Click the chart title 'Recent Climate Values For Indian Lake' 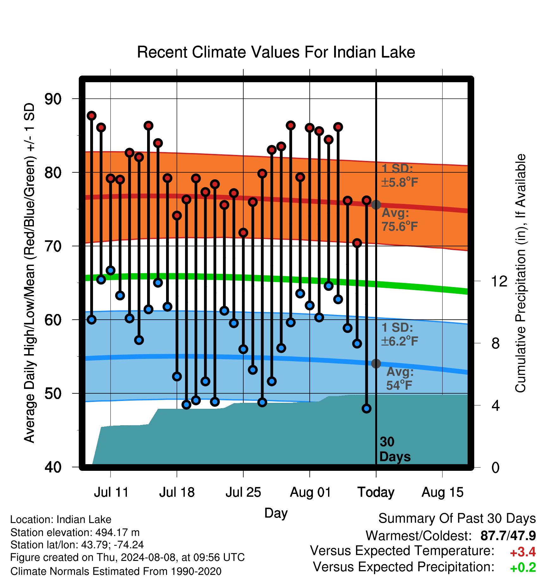276,52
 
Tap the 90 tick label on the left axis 53,99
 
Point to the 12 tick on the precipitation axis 499,281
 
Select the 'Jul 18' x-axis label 177,492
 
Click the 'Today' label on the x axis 376,492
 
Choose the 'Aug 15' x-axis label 442,492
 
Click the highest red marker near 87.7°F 91,116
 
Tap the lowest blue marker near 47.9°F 366,409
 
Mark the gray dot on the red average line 376,205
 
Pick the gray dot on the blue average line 376,364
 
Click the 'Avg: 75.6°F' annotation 400,220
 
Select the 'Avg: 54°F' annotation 400,379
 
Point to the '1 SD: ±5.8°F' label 400,175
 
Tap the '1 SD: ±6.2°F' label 400,334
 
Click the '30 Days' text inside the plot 395,449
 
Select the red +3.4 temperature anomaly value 523,552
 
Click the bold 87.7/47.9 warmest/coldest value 508,536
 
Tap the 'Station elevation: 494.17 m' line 75,532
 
